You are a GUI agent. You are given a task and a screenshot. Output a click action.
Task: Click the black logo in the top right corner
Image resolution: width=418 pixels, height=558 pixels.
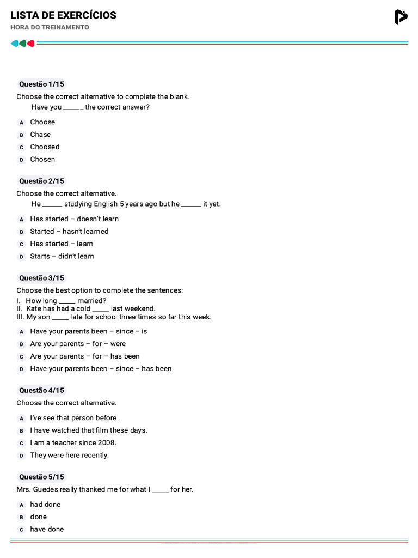[401, 17]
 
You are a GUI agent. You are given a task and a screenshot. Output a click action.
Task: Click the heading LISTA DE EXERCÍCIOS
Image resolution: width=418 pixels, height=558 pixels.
[63, 15]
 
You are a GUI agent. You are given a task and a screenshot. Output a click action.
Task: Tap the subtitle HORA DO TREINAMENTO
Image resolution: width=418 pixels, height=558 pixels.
[50, 27]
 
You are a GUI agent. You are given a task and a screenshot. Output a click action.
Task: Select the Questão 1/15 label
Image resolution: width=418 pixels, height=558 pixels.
[41, 84]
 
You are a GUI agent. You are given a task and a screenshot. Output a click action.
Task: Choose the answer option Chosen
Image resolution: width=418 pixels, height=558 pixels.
[42, 159]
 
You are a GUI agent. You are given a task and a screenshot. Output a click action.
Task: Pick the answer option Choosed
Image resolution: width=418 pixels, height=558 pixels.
[45, 147]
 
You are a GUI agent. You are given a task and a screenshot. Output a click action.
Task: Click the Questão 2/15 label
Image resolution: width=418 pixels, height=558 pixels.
[41, 181]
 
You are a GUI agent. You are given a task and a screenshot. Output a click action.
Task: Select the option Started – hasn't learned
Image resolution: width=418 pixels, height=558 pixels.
[69, 231]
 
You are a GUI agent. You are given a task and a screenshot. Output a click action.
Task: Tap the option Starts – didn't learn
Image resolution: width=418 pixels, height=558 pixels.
[62, 256]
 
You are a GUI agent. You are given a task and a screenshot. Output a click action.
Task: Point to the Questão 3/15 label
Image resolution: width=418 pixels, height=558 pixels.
[41, 278]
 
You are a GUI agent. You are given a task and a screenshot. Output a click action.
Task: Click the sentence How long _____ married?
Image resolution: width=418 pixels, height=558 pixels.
[66, 300]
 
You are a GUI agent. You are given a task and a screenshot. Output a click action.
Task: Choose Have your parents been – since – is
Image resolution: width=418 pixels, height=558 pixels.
[88, 331]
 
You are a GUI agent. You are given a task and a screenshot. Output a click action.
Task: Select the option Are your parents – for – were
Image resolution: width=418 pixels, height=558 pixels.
[78, 344]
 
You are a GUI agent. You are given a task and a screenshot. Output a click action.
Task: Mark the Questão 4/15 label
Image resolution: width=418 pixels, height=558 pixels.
[41, 390]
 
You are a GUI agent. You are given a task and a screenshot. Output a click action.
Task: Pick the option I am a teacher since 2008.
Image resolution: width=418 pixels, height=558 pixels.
[73, 442]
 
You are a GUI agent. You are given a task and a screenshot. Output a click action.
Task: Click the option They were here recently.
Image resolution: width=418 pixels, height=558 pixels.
[69, 455]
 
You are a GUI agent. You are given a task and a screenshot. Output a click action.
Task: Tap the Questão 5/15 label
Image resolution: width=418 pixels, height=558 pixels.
[41, 477]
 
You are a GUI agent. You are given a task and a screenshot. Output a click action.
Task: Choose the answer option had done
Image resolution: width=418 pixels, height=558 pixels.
[45, 504]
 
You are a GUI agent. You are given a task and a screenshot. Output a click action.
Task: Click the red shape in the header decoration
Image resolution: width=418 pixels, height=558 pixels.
[31, 44]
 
